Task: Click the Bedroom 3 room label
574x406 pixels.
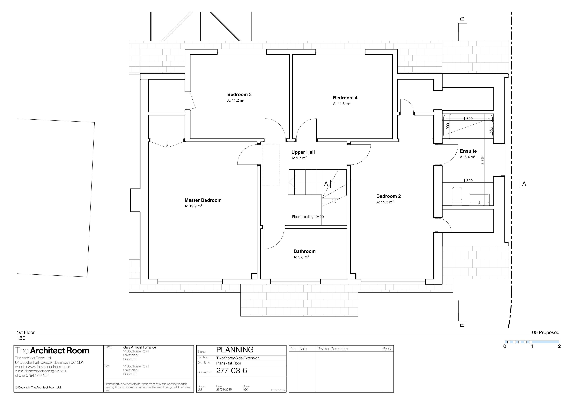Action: [239, 94]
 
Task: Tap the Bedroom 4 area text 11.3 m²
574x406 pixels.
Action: [342, 104]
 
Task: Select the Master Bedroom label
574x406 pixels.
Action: [203, 200]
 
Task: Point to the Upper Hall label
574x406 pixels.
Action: [303, 152]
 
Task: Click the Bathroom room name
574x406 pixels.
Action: [305, 251]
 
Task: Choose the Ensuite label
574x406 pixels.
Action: [468, 151]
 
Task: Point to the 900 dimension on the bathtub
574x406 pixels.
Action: [448, 126]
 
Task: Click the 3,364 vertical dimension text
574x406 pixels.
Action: [482, 160]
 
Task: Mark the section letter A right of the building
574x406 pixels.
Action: [524, 184]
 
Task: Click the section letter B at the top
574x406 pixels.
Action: [462, 19]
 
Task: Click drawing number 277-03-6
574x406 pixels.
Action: [232, 371]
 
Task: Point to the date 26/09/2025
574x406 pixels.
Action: [224, 389]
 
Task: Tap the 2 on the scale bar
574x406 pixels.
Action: [559, 346]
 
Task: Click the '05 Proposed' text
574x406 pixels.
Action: [546, 333]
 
